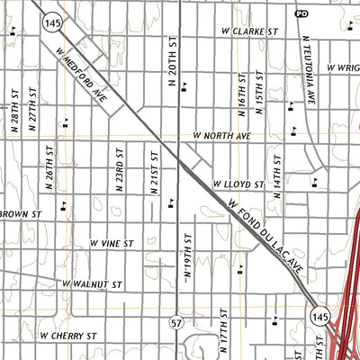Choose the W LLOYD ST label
pyautogui.click(x=238, y=184)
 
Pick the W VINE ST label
pyautogui.click(x=111, y=243)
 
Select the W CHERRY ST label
pyautogui.click(x=67, y=335)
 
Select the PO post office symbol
pyautogui.click(x=301, y=13)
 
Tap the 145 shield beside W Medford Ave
pyautogui.click(x=51, y=22)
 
